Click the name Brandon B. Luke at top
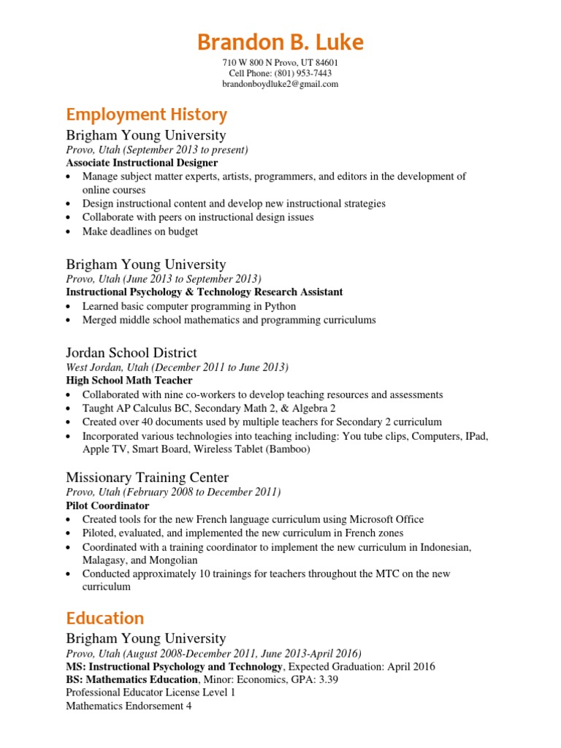[280, 42]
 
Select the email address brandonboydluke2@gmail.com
[280, 84]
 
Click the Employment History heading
[146, 115]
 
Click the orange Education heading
[104, 618]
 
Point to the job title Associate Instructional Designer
[140, 163]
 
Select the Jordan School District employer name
[131, 353]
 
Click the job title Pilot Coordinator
[107, 505]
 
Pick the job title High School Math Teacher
[129, 381]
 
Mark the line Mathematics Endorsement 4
[129, 706]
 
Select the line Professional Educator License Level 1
[150, 692]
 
